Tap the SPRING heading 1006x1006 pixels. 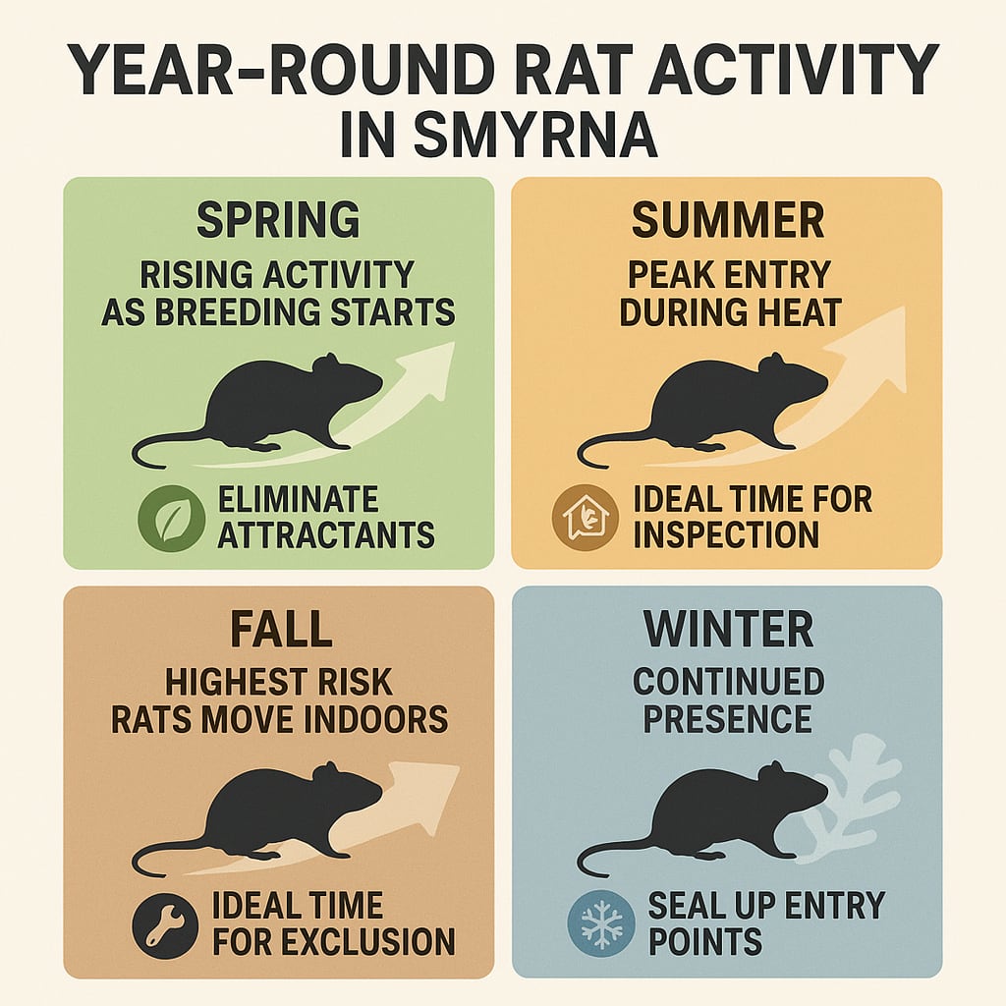click(x=278, y=221)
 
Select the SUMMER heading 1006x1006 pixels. click(x=727, y=221)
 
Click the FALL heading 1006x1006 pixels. click(x=278, y=630)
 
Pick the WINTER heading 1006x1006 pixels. click(x=727, y=630)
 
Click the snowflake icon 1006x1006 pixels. click(x=601, y=924)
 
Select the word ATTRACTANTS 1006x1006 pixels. click(x=326, y=534)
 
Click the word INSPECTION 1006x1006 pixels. click(x=726, y=534)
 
